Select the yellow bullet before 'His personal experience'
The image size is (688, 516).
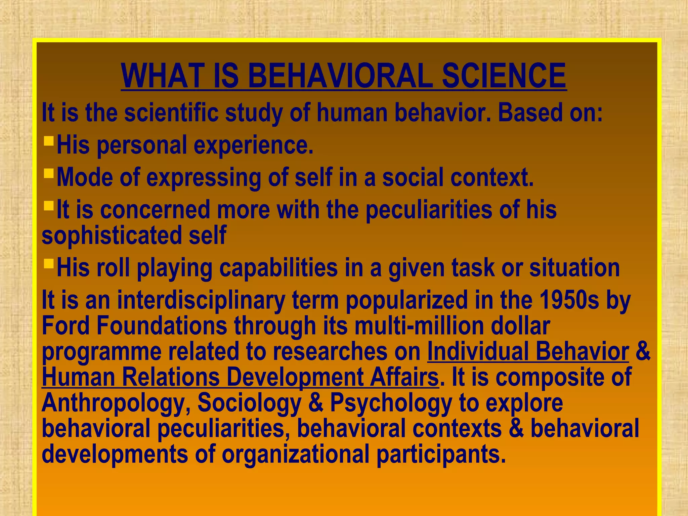(49, 140)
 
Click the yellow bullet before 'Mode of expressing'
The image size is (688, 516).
(49, 173)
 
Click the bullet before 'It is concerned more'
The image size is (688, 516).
(49, 205)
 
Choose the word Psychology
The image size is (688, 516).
(391, 403)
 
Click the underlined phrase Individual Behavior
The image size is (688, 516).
(528, 351)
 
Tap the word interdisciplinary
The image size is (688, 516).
(201, 300)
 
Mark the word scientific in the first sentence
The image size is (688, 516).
(171, 113)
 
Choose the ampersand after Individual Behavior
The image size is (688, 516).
(643, 351)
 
